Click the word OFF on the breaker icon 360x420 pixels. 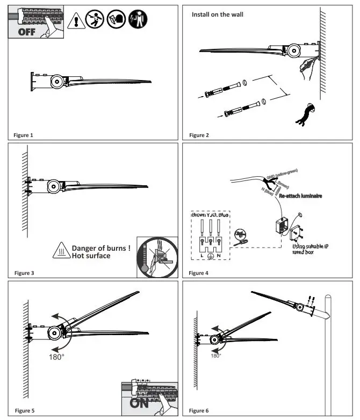click(25, 31)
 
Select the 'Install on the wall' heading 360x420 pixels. click(218, 15)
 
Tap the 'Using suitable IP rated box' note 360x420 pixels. click(312, 249)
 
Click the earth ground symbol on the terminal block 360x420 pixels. click(213, 256)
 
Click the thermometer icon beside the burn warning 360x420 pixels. click(146, 261)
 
